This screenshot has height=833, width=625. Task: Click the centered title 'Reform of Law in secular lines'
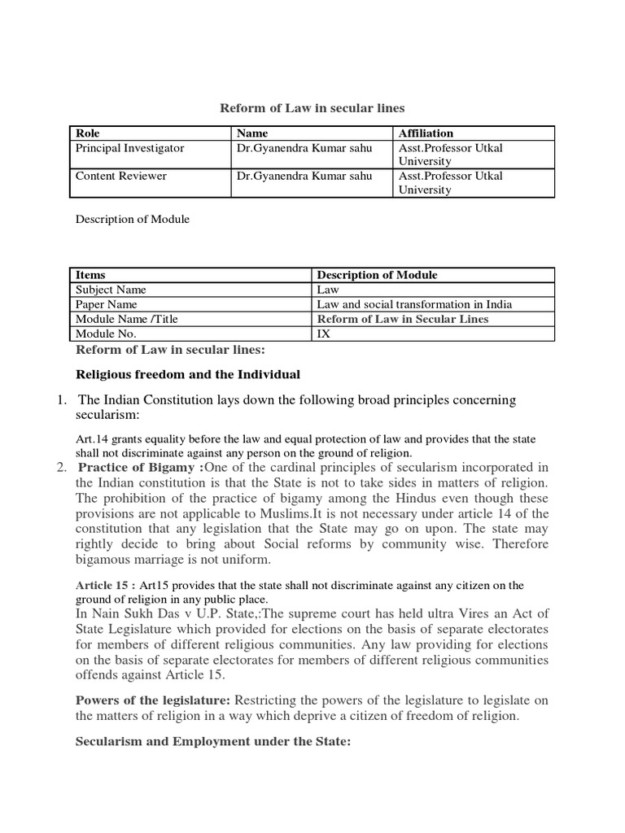tap(313, 108)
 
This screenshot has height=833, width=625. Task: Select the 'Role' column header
tap(88, 133)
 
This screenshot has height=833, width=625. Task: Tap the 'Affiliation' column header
tap(426, 133)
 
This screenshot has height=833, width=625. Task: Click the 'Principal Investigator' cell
tap(129, 148)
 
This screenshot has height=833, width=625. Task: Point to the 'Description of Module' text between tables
tap(132, 220)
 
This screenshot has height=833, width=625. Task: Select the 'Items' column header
tap(90, 275)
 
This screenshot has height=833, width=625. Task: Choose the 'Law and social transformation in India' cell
tap(414, 304)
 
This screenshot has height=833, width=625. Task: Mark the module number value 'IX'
tap(322, 334)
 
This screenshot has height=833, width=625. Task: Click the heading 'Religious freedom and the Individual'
tap(188, 375)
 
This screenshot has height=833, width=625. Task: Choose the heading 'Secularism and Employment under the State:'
tap(212, 743)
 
